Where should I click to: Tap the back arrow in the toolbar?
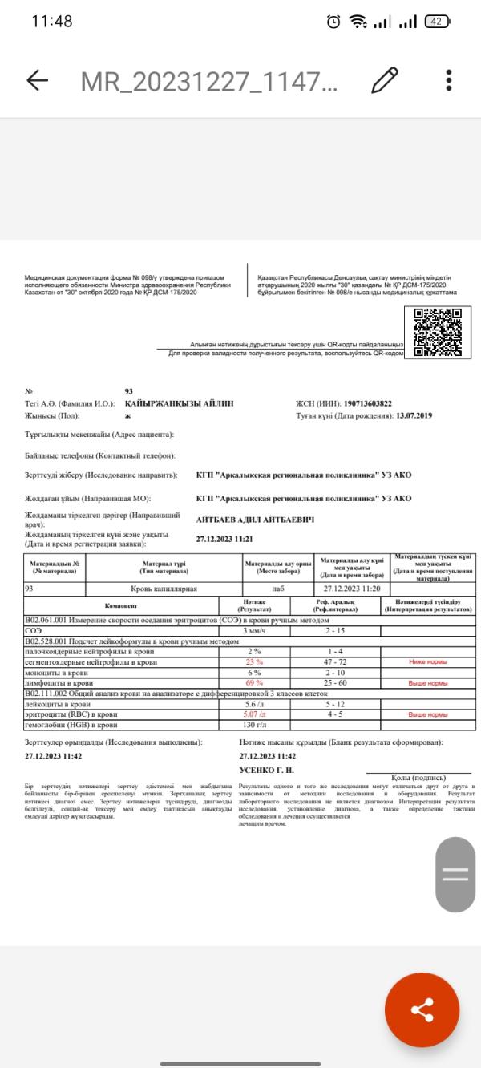(x=37, y=80)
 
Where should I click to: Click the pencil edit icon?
(x=385, y=80)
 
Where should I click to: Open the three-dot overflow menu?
(x=449, y=80)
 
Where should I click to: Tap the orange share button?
(x=422, y=1009)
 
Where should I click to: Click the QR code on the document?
(x=438, y=332)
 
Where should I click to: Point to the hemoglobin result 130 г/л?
(x=253, y=726)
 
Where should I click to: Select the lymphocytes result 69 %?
(x=253, y=683)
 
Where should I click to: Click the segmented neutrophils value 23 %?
(x=253, y=662)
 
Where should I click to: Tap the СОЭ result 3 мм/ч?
(x=253, y=631)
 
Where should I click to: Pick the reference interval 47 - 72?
(x=335, y=662)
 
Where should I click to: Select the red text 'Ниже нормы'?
(x=427, y=662)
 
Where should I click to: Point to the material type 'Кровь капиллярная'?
(x=167, y=589)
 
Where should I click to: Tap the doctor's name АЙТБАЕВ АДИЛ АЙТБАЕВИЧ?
(x=255, y=520)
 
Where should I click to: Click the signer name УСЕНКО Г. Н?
(x=267, y=770)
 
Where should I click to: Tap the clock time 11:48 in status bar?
(x=52, y=22)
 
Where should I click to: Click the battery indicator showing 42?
(x=436, y=22)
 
